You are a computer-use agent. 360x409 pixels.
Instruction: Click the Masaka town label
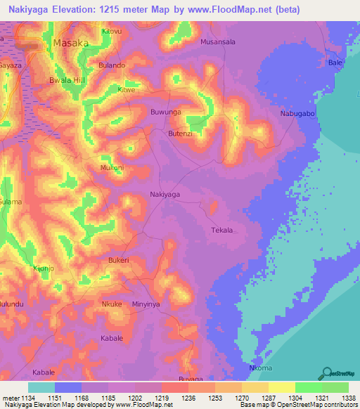click(x=71, y=43)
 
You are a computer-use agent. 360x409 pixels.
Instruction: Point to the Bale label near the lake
click(x=335, y=63)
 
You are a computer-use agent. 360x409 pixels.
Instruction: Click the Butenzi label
click(x=179, y=133)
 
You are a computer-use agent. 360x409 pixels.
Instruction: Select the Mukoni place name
click(x=112, y=168)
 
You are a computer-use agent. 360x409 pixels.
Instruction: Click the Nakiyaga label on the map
click(x=165, y=194)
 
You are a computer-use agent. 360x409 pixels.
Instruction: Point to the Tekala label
click(x=221, y=230)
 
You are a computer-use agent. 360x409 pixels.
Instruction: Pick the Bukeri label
click(x=118, y=260)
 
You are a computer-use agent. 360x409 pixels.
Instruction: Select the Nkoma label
click(x=261, y=368)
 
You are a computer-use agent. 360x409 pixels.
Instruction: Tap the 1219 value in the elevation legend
click(x=161, y=398)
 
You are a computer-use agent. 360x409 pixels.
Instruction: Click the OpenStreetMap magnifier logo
click(x=327, y=372)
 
